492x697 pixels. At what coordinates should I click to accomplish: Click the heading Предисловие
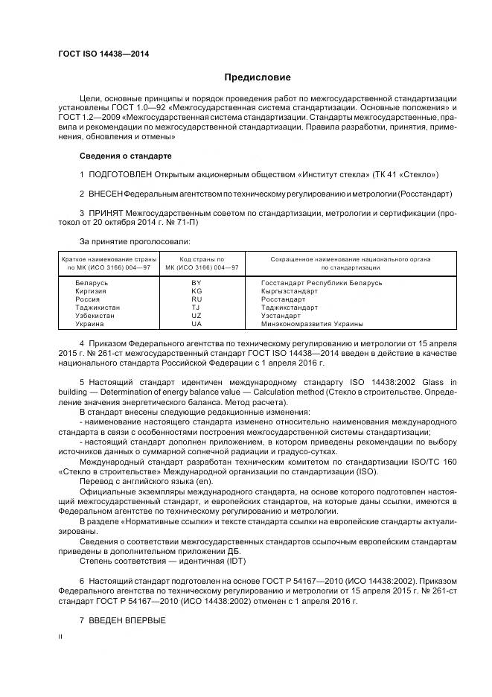click(x=258, y=77)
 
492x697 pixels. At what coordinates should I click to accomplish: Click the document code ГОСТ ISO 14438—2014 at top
click(x=98, y=54)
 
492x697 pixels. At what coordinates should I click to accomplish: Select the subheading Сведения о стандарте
click(x=125, y=156)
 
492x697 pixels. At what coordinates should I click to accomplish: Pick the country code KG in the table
click(x=197, y=291)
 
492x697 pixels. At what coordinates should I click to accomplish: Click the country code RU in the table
click(x=197, y=299)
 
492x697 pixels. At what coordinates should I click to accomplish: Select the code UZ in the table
click(x=197, y=316)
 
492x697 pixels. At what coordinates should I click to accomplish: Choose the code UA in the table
click(x=197, y=324)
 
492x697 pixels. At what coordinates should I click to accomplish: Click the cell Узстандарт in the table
click(x=284, y=316)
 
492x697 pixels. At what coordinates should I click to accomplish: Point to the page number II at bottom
click(x=61, y=637)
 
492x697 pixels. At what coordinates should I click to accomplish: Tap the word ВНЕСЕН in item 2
click(x=106, y=194)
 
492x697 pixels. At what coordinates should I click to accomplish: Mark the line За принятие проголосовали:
click(x=135, y=241)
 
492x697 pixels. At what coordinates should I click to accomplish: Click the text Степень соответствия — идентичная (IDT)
click(x=162, y=561)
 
